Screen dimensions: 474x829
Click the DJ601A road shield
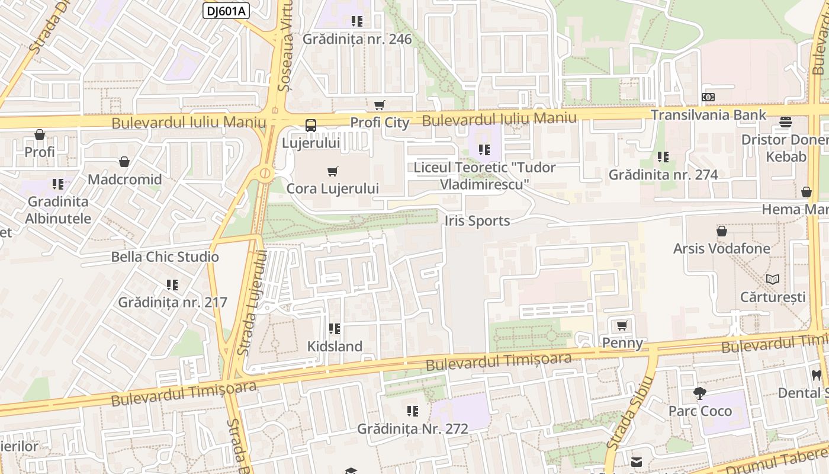226,11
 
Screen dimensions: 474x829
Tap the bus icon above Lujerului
311,126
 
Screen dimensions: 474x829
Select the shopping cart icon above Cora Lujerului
333,171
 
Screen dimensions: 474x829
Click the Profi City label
380,123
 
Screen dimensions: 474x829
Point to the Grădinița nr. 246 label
357,39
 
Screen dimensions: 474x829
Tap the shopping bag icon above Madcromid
124,162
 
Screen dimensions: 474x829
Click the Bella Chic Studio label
165,257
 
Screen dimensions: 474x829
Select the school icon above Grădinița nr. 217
172,285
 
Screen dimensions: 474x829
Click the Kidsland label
335,346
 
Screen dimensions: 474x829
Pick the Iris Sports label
477,221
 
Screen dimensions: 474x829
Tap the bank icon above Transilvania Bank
708,97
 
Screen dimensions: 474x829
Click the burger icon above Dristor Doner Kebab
786,122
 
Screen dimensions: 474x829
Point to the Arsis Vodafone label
722,248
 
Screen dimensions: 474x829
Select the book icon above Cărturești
773,279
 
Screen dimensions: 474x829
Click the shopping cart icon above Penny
622,325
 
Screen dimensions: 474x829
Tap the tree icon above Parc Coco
700,393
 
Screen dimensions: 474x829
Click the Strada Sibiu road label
629,413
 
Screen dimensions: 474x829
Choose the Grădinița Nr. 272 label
413,428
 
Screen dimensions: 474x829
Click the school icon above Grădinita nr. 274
663,157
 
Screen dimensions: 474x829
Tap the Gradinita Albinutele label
58,210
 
